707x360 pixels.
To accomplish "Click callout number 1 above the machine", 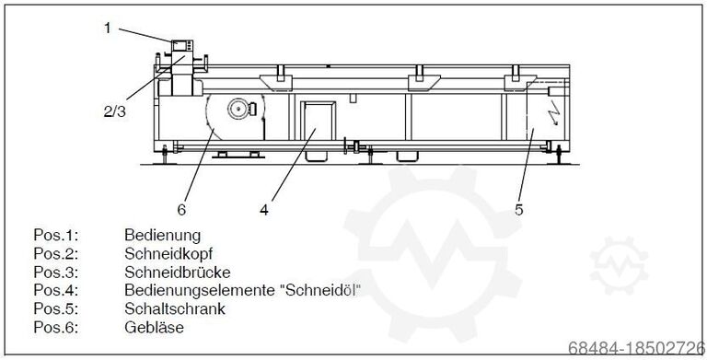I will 107,28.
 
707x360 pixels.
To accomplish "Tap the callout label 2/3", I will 116,112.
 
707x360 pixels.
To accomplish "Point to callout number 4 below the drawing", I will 263,209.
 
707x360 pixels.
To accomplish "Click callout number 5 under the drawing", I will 518,209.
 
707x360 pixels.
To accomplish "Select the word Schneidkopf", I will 167,253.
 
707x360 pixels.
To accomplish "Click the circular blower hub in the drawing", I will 238,108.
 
